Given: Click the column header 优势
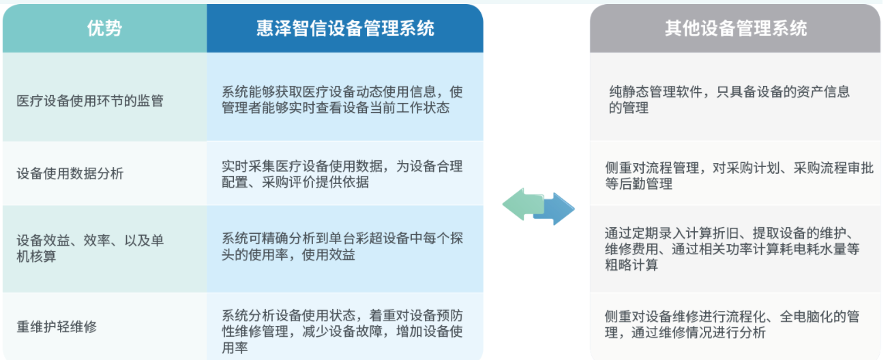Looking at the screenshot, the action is [x=104, y=28].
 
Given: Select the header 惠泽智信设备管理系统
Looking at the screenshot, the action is [x=345, y=28].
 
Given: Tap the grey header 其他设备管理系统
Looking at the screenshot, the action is [x=736, y=28].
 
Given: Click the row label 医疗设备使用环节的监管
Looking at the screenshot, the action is [x=90, y=100].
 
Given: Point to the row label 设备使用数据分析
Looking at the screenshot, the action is [x=70, y=173].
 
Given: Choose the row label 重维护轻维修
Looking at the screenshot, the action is [x=57, y=327].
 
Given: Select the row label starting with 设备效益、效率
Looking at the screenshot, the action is [x=90, y=248].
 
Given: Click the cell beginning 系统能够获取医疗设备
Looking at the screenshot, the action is [x=342, y=100].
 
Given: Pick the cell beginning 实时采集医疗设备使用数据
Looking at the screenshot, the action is [x=342, y=174].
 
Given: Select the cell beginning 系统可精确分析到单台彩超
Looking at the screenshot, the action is [x=342, y=246].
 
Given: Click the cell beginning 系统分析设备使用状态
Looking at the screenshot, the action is [x=342, y=331].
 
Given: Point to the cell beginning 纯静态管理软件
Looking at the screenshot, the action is [x=729, y=100].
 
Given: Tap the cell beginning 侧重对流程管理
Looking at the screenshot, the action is [x=739, y=176].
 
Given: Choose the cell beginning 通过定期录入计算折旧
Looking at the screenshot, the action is [x=732, y=249].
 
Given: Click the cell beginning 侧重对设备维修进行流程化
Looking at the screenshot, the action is [x=732, y=325].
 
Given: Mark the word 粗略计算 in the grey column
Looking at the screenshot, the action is [x=632, y=265].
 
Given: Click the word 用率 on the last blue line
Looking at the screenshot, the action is [x=235, y=348].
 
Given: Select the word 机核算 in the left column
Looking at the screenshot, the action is [x=36, y=256].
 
